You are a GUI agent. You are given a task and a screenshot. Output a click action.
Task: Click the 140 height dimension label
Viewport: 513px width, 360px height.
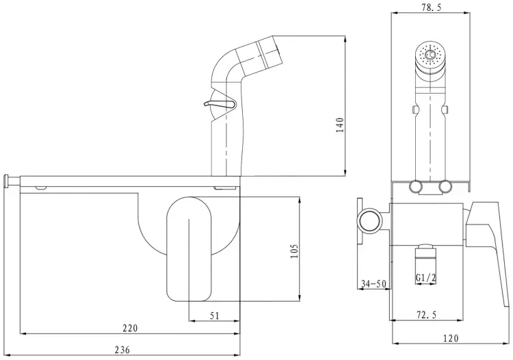(x=340, y=125)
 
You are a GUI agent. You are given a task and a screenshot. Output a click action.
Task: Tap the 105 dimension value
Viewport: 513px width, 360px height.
(x=295, y=251)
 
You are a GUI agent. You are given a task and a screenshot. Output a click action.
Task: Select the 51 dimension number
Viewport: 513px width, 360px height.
(x=215, y=316)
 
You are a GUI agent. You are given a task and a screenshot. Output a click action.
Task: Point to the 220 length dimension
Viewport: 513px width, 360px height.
(x=130, y=328)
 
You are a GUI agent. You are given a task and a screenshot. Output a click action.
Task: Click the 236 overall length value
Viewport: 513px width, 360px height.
(x=122, y=350)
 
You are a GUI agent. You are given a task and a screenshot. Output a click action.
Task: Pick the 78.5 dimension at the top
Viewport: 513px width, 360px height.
(x=431, y=8)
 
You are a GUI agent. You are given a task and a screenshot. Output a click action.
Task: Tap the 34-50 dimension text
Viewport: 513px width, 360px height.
(x=373, y=284)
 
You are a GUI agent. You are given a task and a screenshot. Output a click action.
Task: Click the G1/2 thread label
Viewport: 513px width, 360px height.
(x=426, y=278)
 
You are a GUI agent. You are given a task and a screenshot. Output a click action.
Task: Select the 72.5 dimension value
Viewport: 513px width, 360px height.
(x=426, y=315)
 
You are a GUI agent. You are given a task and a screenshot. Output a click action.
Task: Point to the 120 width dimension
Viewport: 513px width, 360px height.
(x=451, y=338)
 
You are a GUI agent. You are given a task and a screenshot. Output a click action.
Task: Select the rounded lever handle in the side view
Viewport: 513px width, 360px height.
(x=189, y=248)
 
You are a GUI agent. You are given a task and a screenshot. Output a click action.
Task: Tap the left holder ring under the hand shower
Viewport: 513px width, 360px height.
(x=415, y=187)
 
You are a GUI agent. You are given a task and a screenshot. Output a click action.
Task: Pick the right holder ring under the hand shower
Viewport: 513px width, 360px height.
(x=445, y=187)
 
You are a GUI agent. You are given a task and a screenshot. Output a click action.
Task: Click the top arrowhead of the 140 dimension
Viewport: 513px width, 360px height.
(x=345, y=38)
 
